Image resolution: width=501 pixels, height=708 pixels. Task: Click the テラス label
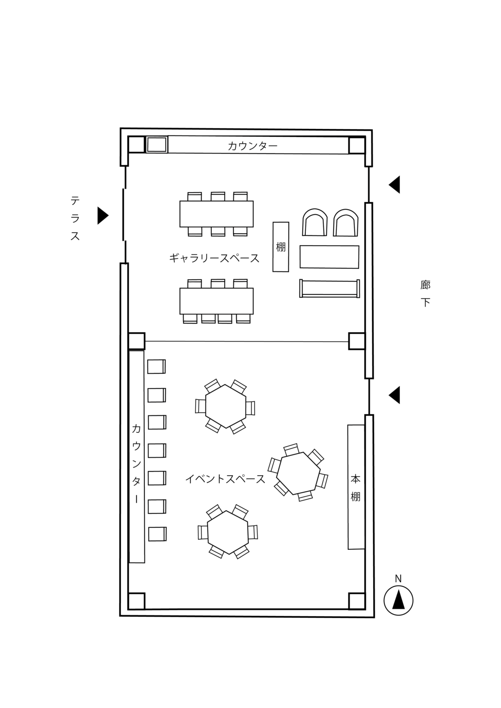click(75, 218)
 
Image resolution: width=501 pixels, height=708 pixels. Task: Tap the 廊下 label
click(425, 294)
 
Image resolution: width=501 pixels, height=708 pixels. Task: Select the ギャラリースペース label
click(215, 258)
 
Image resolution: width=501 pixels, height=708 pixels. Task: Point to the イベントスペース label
click(225, 479)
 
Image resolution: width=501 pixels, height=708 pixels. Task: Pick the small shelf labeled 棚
click(281, 247)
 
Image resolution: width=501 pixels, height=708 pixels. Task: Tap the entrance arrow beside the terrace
click(103, 216)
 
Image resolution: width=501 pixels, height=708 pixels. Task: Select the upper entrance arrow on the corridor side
click(394, 184)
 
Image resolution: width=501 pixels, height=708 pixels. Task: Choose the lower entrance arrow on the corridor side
click(394, 395)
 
